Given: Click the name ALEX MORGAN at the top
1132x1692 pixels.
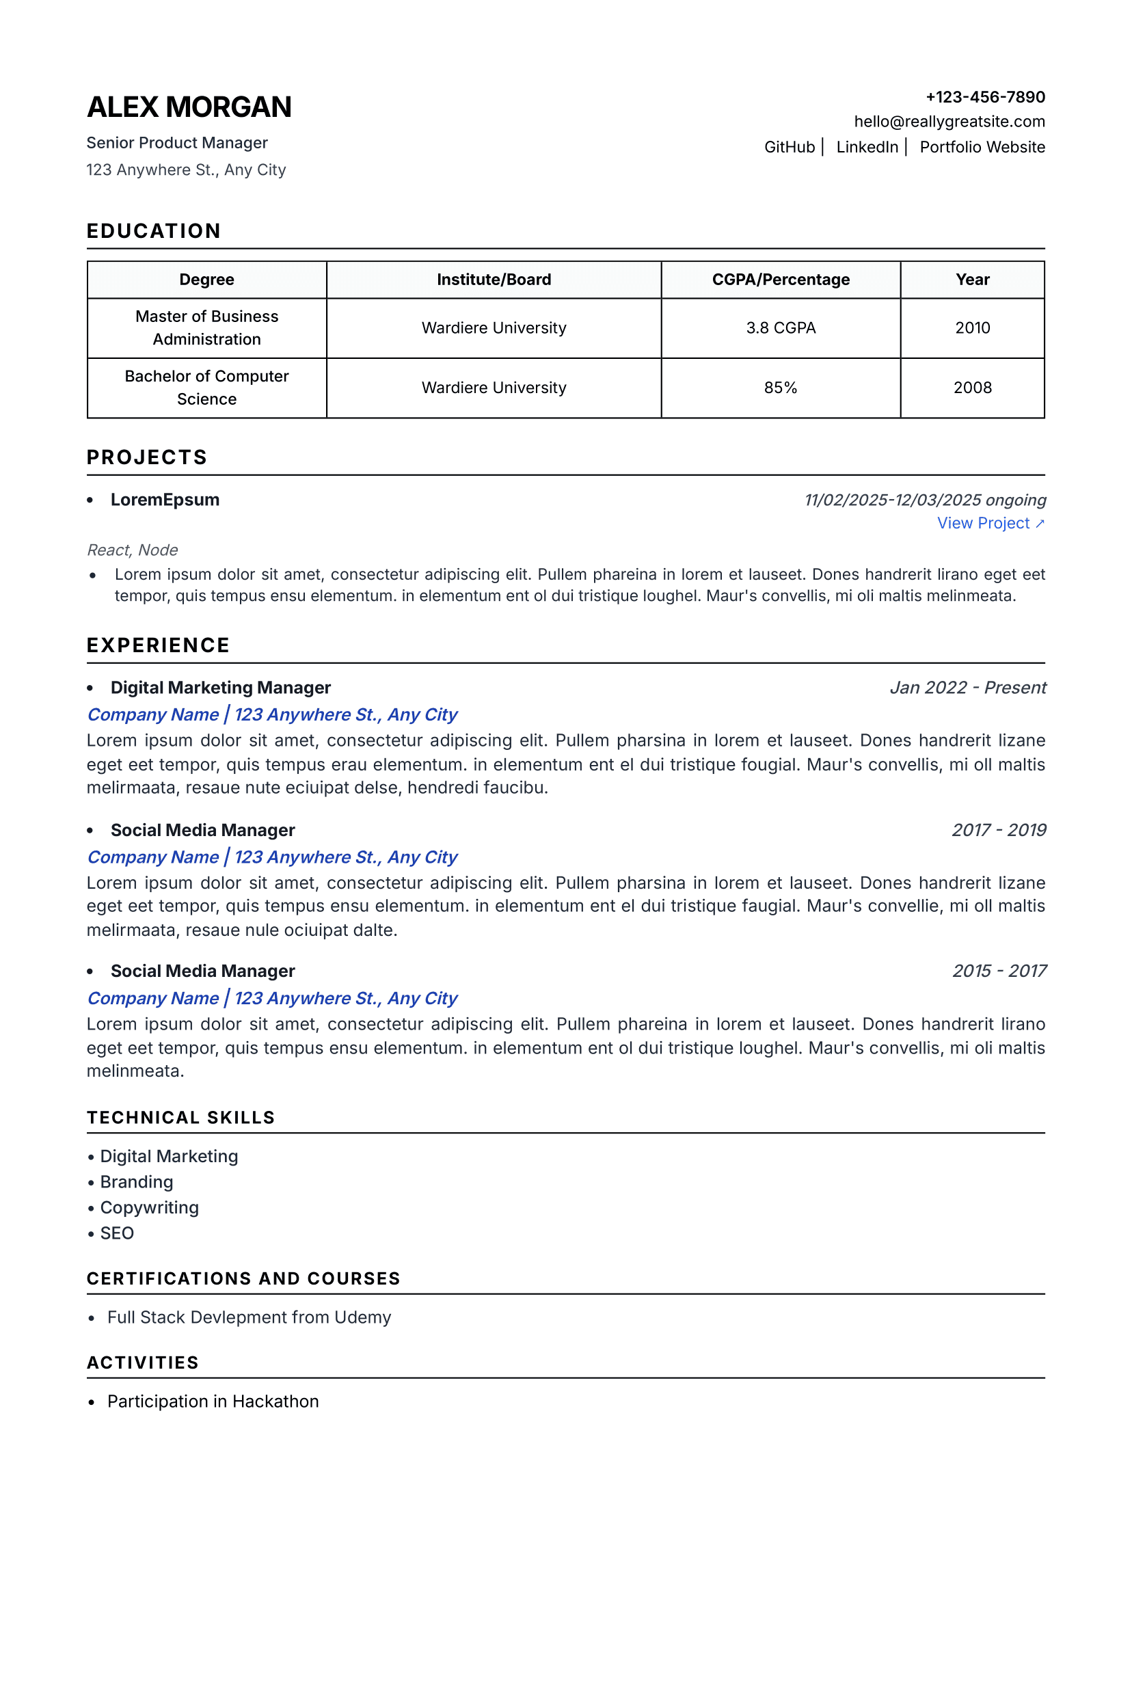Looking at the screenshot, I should pyautogui.click(x=189, y=107).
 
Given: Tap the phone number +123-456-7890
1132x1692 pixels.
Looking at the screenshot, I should pyautogui.click(x=985, y=96).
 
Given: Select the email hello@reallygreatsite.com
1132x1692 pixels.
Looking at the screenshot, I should pyautogui.click(x=949, y=121).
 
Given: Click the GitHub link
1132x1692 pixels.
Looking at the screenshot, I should pyautogui.click(x=789, y=147).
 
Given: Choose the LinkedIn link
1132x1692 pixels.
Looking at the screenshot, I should pyautogui.click(x=866, y=147).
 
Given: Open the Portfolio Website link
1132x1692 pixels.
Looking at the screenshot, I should pyautogui.click(x=982, y=147).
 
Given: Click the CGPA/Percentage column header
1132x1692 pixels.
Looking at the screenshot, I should pyautogui.click(x=781, y=280).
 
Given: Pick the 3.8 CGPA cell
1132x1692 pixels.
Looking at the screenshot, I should pyautogui.click(x=781, y=327).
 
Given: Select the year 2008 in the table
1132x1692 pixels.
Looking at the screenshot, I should pyautogui.click(x=972, y=388).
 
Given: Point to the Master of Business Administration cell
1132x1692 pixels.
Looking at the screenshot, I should pyautogui.click(x=206, y=327).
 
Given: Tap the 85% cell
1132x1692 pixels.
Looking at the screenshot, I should pyautogui.click(x=781, y=388).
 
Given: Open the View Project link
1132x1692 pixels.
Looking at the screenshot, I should pyautogui.click(x=990, y=524).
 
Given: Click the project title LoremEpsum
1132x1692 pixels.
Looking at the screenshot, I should pyautogui.click(x=165, y=500).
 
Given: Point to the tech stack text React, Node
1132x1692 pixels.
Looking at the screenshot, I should pyautogui.click(x=132, y=550).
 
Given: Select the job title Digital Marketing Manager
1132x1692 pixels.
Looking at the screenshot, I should pyautogui.click(x=220, y=687).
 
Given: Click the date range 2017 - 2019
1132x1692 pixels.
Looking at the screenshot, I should pyautogui.click(x=999, y=830).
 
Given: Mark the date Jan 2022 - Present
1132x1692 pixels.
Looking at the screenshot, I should pyautogui.click(x=967, y=687).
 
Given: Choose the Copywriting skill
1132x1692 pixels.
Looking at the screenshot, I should pyautogui.click(x=149, y=1207).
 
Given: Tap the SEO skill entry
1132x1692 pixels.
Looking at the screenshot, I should pyautogui.click(x=117, y=1233).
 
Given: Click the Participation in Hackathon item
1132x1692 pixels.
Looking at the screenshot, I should pyautogui.click(x=213, y=1401).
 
